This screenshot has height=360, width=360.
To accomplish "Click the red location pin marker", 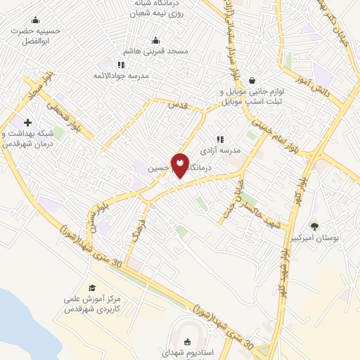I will tap(180, 165).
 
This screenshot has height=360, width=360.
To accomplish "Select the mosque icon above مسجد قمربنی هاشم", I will tap(155, 41).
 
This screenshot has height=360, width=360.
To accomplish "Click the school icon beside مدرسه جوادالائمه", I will tap(121, 65).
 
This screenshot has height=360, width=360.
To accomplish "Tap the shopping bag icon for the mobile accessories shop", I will tap(251, 81).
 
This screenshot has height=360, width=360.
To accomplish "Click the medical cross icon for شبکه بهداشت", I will tap(27, 122).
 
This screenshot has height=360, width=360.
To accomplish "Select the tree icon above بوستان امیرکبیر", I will tap(314, 226).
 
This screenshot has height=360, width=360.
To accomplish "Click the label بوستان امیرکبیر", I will tap(335, 239).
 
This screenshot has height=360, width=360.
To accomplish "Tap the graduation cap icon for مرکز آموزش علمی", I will tap(92, 288).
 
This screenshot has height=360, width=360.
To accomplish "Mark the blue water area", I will tap(14, 316).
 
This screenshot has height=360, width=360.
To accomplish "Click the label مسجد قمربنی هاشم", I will tap(156, 53).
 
